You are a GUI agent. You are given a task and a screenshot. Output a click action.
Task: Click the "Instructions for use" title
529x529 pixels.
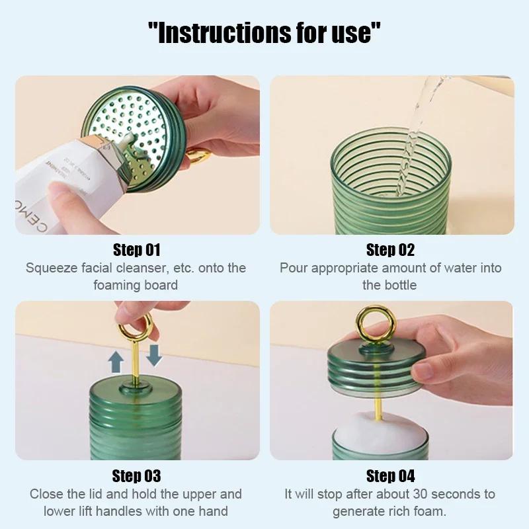coord(264,32)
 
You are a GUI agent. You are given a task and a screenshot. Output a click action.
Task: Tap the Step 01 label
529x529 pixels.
coord(136,250)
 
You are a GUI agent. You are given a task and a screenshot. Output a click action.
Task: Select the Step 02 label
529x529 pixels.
coord(390,250)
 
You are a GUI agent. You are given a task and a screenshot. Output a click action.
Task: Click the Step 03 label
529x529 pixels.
coord(136,476)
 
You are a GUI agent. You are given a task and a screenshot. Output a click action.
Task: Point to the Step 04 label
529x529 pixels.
coord(390,476)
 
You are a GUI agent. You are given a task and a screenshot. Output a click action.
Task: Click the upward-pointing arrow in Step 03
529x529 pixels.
coord(116,361)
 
